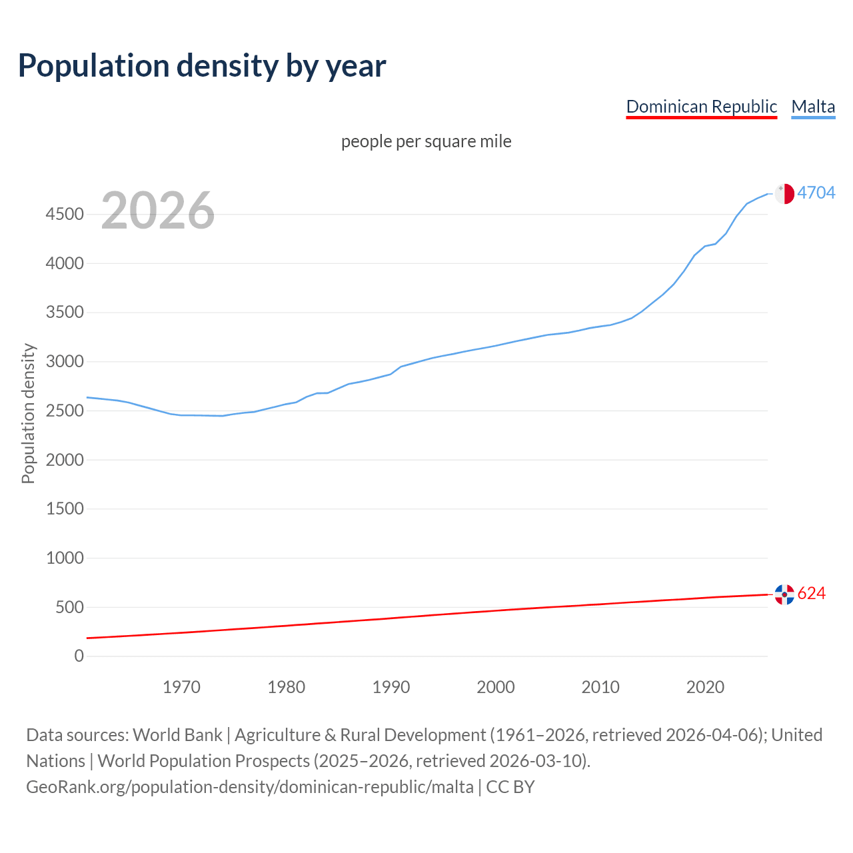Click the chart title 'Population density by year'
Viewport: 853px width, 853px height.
(202, 66)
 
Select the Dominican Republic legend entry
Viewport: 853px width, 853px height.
(701, 107)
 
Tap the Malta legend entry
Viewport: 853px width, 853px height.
(813, 107)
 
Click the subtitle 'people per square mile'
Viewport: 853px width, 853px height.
(426, 141)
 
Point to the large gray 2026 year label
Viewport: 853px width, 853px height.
(158, 211)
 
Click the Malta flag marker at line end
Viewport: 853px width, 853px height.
(784, 193)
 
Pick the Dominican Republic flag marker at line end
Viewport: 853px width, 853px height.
(784, 594)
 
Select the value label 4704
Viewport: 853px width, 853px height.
(816, 193)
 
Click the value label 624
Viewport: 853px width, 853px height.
(811, 593)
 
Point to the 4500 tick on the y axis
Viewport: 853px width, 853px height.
(65, 214)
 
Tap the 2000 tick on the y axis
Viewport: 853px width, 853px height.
(65, 460)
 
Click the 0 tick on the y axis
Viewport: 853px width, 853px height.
(79, 656)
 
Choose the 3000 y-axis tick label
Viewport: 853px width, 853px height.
(65, 362)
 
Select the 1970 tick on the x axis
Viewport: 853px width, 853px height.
(181, 687)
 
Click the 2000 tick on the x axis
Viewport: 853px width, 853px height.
(495, 687)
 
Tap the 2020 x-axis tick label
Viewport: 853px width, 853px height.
(705, 687)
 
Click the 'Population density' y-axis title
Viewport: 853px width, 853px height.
(28, 413)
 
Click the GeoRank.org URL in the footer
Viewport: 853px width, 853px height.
(250, 787)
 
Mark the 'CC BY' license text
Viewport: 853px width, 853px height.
(510, 787)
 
